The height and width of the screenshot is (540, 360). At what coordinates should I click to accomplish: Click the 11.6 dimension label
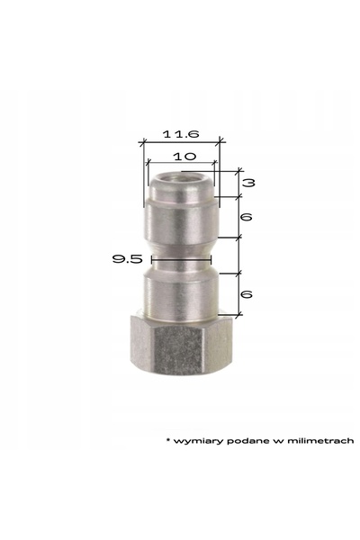(x=181, y=133)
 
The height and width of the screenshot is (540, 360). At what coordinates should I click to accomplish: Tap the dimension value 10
(x=184, y=157)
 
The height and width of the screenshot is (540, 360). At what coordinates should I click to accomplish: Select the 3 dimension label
(x=248, y=183)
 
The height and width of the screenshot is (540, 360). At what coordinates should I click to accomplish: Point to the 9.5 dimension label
(x=127, y=258)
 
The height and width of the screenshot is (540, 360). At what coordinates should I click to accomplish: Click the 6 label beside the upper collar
(x=247, y=217)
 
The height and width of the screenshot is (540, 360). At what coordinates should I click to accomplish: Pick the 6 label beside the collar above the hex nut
(x=247, y=294)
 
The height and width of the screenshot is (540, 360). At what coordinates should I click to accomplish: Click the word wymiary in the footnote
(x=198, y=441)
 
